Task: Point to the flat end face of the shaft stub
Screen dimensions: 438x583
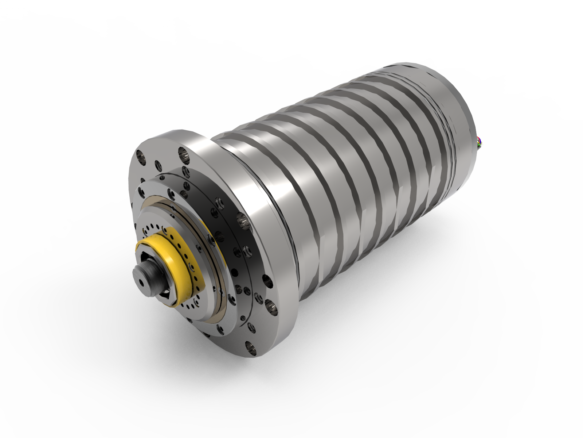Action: [x=140, y=279]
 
